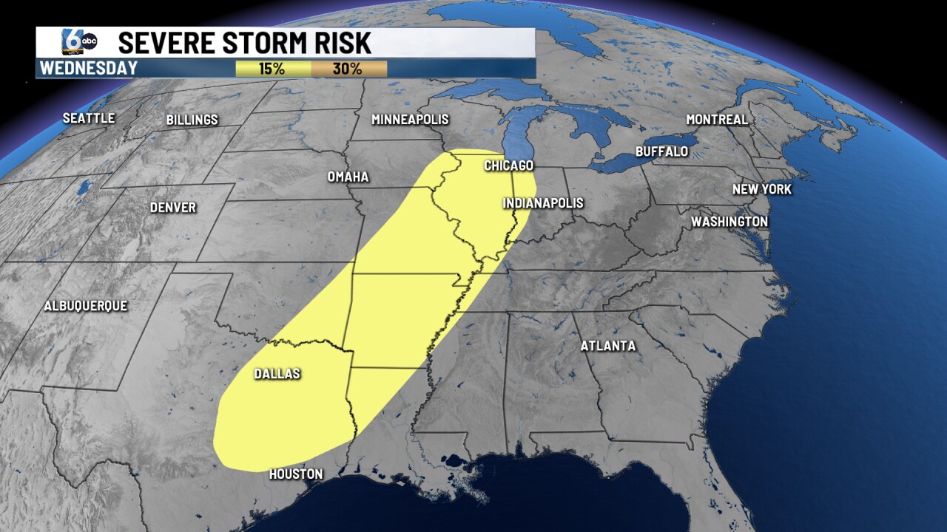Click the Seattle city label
click(89, 118)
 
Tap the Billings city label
click(192, 120)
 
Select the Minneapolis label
click(410, 120)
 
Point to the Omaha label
click(348, 177)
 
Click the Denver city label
click(172, 208)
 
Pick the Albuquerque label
click(86, 306)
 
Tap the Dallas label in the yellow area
click(277, 374)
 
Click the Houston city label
click(295, 474)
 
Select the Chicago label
click(508, 166)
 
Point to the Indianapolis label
click(543, 203)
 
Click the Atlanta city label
click(607, 346)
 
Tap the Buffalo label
click(661, 151)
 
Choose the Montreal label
click(717, 120)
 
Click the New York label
click(761, 190)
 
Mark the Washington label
click(729, 222)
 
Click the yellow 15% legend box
click(273, 69)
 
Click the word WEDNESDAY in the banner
click(88, 69)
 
